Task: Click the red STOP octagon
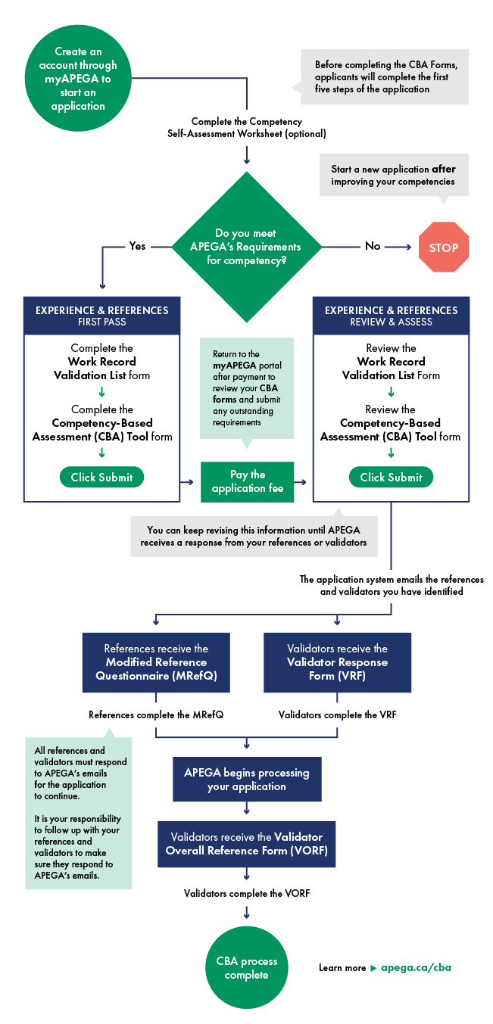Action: (444, 247)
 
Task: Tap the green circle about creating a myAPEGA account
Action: (78, 79)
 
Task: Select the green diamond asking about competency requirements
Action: (247, 247)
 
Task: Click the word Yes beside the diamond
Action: (137, 246)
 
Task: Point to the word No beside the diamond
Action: (373, 246)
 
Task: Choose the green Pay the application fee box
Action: (247, 481)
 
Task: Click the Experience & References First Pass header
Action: (102, 316)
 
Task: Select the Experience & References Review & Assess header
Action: (391, 316)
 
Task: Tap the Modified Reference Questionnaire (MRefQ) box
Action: (156, 662)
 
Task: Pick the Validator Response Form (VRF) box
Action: (337, 662)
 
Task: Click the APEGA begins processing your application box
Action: (247, 780)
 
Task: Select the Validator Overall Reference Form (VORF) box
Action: (247, 844)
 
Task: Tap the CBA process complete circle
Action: (247, 968)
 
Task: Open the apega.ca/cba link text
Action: (416, 967)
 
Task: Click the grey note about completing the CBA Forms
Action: (385, 76)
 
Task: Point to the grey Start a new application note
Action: (394, 176)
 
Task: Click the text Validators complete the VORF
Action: (247, 893)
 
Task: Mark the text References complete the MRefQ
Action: (156, 714)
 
